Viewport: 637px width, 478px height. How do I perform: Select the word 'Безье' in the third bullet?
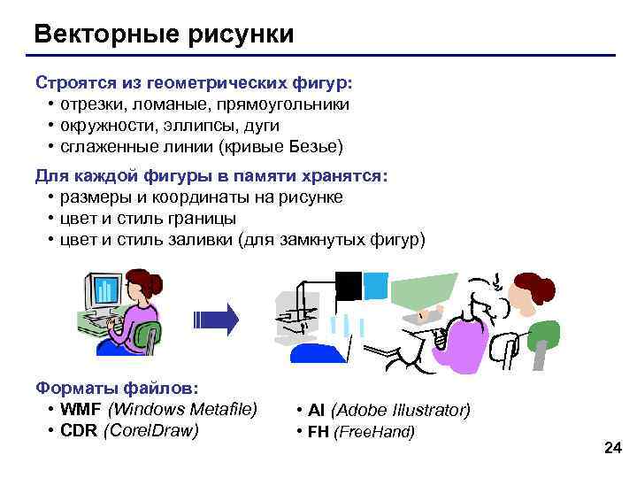[x=312, y=146]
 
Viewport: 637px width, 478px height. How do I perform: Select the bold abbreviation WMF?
[x=81, y=409]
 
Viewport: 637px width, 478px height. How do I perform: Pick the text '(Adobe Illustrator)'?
[x=400, y=410]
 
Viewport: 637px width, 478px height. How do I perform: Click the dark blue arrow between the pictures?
[x=217, y=320]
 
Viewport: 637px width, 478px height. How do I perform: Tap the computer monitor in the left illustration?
[x=103, y=289]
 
